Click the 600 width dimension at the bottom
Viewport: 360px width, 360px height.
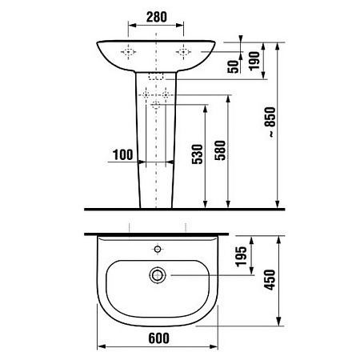point(156,340)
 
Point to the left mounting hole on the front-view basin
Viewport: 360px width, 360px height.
point(127,51)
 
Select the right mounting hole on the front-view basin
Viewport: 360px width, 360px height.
point(184,51)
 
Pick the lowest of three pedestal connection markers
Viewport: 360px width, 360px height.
point(156,105)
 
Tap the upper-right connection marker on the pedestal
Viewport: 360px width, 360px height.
point(166,95)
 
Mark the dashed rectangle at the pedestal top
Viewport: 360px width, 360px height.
point(156,76)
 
